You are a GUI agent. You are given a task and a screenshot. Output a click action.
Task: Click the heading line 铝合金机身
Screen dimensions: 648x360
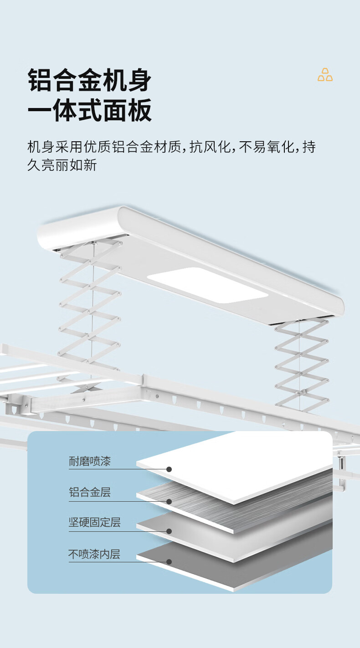click(89, 81)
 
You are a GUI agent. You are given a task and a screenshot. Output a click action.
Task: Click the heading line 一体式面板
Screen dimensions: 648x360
click(89, 111)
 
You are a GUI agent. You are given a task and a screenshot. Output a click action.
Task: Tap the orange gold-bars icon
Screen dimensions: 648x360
click(325, 75)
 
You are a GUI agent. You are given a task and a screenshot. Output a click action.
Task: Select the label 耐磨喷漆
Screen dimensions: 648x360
click(90, 462)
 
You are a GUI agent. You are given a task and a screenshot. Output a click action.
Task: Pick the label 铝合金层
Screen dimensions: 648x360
click(90, 492)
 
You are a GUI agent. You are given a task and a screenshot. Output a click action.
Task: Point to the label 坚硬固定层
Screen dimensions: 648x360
click(95, 522)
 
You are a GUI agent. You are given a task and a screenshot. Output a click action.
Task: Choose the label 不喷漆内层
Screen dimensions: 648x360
click(94, 554)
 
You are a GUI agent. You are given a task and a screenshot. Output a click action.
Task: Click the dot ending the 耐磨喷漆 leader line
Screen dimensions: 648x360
click(169, 469)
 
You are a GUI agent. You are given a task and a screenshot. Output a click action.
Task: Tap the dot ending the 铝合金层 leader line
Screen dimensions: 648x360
click(169, 501)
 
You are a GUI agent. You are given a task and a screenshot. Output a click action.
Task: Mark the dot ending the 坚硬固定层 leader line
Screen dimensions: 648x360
click(169, 531)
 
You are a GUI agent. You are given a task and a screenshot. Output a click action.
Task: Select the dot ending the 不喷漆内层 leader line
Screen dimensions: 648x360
click(169, 562)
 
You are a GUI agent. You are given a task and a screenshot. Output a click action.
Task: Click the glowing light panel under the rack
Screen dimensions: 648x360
click(208, 285)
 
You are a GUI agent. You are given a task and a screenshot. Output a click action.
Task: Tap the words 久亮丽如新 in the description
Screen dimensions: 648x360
click(62, 165)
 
